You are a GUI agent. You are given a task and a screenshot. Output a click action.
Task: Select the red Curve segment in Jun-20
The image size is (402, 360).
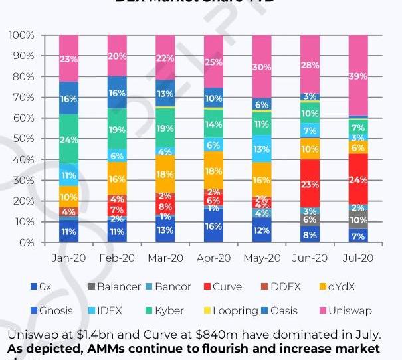click(x=310, y=183)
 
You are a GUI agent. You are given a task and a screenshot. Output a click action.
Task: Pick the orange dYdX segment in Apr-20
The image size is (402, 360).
click(x=213, y=170)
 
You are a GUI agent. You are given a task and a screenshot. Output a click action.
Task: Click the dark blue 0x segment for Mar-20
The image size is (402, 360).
click(x=165, y=230)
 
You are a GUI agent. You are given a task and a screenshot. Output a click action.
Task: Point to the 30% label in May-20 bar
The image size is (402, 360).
click(x=261, y=67)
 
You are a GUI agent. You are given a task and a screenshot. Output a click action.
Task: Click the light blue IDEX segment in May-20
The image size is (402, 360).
click(x=261, y=149)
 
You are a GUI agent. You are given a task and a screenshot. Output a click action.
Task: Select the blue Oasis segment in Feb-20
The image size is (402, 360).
click(x=117, y=93)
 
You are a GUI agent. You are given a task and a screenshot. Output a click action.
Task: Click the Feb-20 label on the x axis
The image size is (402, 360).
click(x=117, y=258)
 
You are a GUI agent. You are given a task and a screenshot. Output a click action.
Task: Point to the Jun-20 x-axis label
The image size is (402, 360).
click(x=310, y=258)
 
